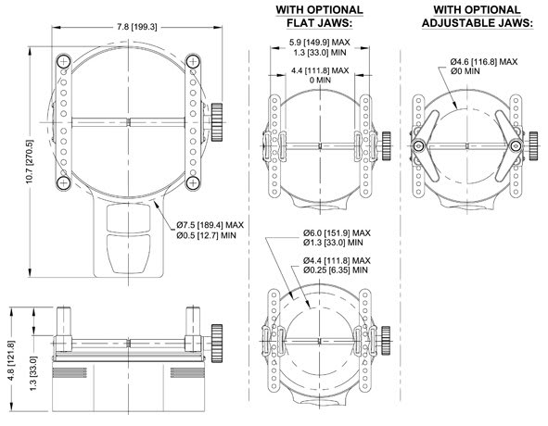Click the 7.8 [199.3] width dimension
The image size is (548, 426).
click(137, 27)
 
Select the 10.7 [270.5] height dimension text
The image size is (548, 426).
click(30, 162)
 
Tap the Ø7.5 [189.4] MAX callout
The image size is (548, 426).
click(210, 225)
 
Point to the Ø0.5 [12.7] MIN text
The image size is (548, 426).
click(206, 236)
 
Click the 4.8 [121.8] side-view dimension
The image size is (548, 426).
click(11, 361)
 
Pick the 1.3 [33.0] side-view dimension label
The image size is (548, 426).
click(33, 373)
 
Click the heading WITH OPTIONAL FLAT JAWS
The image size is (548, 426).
click(319, 17)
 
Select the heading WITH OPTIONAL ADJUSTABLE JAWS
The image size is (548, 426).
click(478, 17)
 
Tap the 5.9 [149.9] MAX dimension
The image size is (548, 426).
click(319, 43)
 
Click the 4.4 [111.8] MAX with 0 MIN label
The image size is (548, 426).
click(320, 75)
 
